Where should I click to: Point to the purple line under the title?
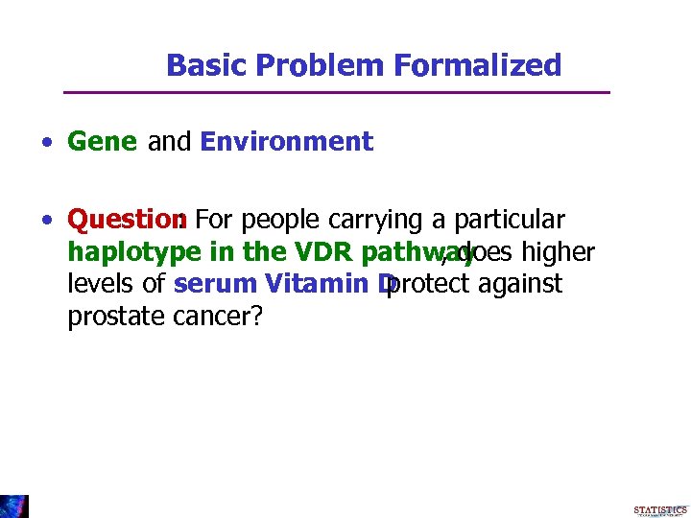[336, 92]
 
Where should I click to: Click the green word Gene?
[103, 142]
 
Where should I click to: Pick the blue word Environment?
[286, 142]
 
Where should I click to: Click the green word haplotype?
[122, 252]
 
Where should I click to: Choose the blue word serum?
[207, 284]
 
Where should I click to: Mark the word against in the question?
[522, 284]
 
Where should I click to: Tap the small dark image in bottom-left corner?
[14, 506]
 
